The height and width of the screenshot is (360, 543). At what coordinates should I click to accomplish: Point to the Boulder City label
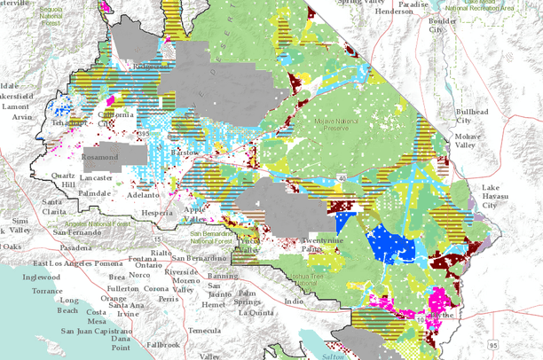click(x=435, y=24)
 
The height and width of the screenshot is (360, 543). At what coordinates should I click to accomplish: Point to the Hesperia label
click(x=161, y=214)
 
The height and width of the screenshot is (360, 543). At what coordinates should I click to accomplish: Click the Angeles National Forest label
click(x=89, y=224)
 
